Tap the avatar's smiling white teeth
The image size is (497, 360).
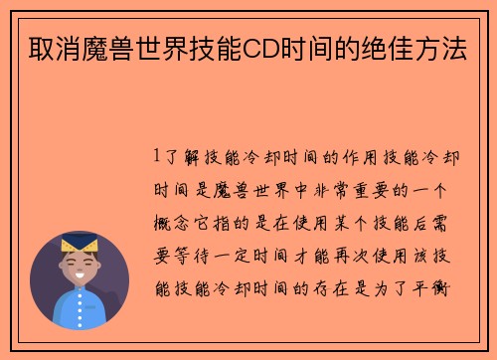pyautogui.click(x=79, y=278)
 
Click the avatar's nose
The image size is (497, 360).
pyautogui.click(x=79, y=268)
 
